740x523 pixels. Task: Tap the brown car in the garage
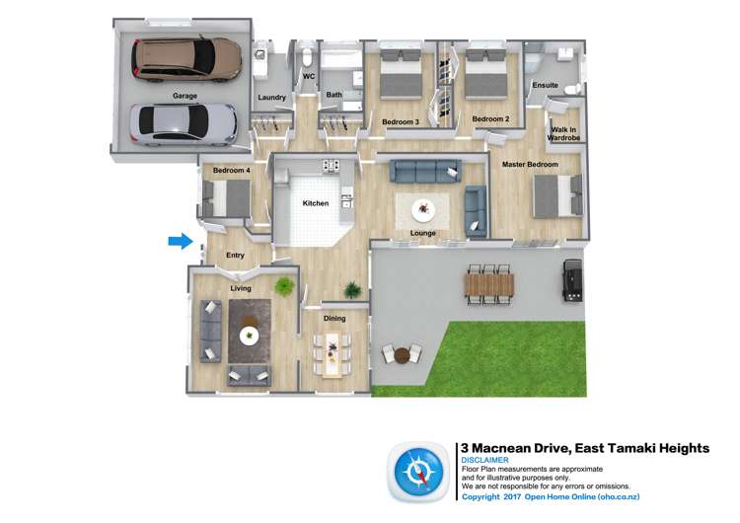[187, 58]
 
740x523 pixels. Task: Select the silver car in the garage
[184, 122]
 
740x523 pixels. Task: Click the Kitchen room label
[316, 203]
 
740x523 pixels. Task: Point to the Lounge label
[423, 234]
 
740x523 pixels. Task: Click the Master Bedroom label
[530, 164]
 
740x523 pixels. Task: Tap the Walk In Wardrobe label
[564, 134]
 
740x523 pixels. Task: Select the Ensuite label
[545, 86]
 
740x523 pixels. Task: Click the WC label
[309, 76]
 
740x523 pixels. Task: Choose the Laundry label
[271, 97]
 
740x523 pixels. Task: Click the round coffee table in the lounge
[423, 209]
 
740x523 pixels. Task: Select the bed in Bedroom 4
[227, 200]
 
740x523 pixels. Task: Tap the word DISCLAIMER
[484, 460]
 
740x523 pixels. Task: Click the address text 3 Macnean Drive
[523, 448]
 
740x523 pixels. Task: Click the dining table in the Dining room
[333, 352]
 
